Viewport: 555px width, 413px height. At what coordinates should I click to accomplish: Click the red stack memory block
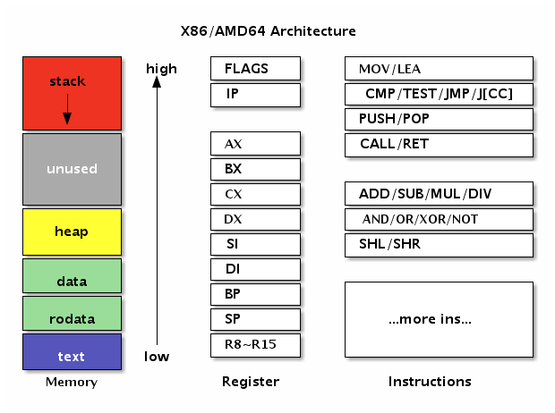[72, 93]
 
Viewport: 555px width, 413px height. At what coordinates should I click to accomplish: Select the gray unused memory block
[72, 169]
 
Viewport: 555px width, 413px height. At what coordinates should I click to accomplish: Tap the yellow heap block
[72, 232]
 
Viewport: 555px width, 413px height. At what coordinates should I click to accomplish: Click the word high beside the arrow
[161, 69]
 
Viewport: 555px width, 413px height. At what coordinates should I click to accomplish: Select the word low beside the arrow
[157, 357]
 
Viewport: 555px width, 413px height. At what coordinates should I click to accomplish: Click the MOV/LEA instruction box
[439, 69]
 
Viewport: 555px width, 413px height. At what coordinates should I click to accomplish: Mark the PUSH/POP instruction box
[439, 119]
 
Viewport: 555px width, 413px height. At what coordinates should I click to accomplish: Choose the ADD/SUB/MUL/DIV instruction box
[439, 194]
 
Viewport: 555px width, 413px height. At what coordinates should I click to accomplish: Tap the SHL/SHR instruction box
[439, 244]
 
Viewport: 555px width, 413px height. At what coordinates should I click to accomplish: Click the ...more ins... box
[439, 319]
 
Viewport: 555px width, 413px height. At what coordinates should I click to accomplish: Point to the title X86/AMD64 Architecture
[269, 31]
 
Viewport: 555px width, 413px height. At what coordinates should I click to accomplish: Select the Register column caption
[251, 382]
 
